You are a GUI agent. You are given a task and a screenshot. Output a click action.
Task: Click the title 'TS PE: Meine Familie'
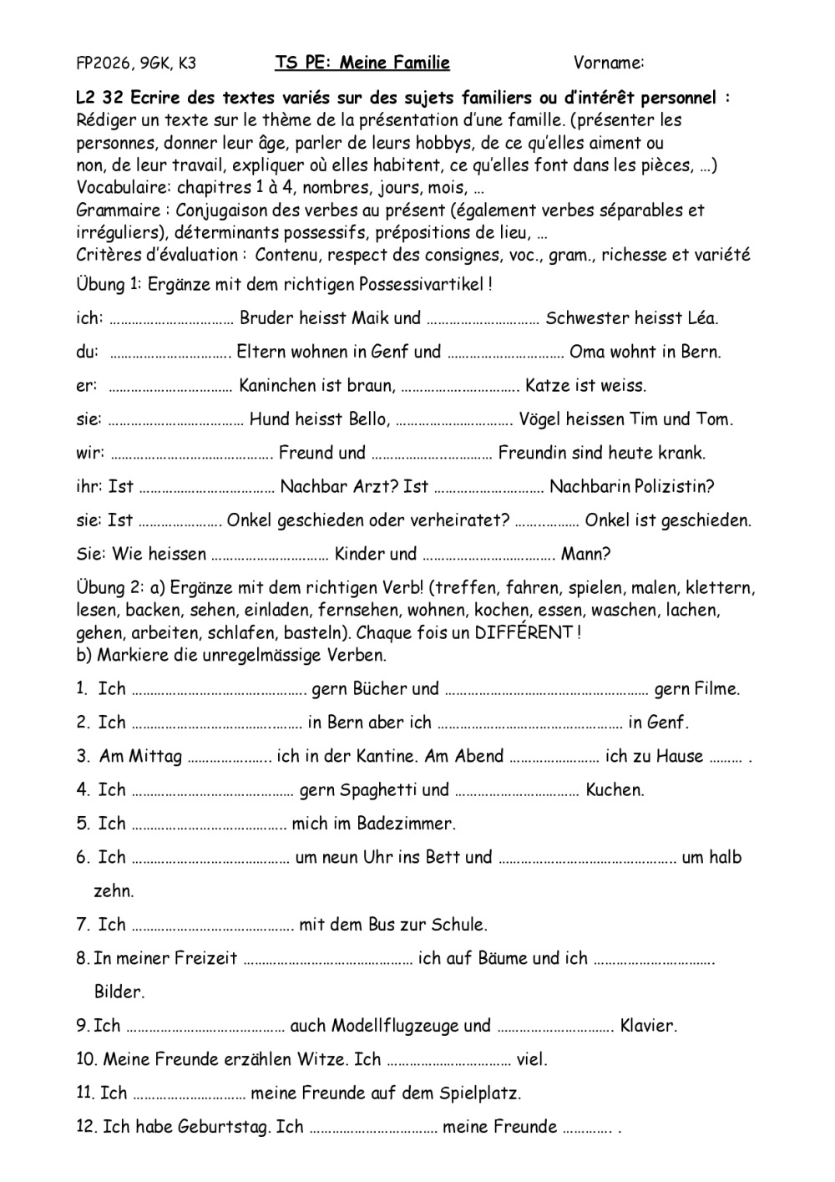362,63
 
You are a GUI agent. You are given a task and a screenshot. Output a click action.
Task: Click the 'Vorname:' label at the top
609,63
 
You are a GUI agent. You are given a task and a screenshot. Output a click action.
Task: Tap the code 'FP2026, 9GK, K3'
136,63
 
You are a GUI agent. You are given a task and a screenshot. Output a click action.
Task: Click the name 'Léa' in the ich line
701,318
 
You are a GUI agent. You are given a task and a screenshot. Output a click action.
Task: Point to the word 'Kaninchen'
277,386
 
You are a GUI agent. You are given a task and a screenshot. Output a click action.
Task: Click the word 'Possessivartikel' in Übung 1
422,285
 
